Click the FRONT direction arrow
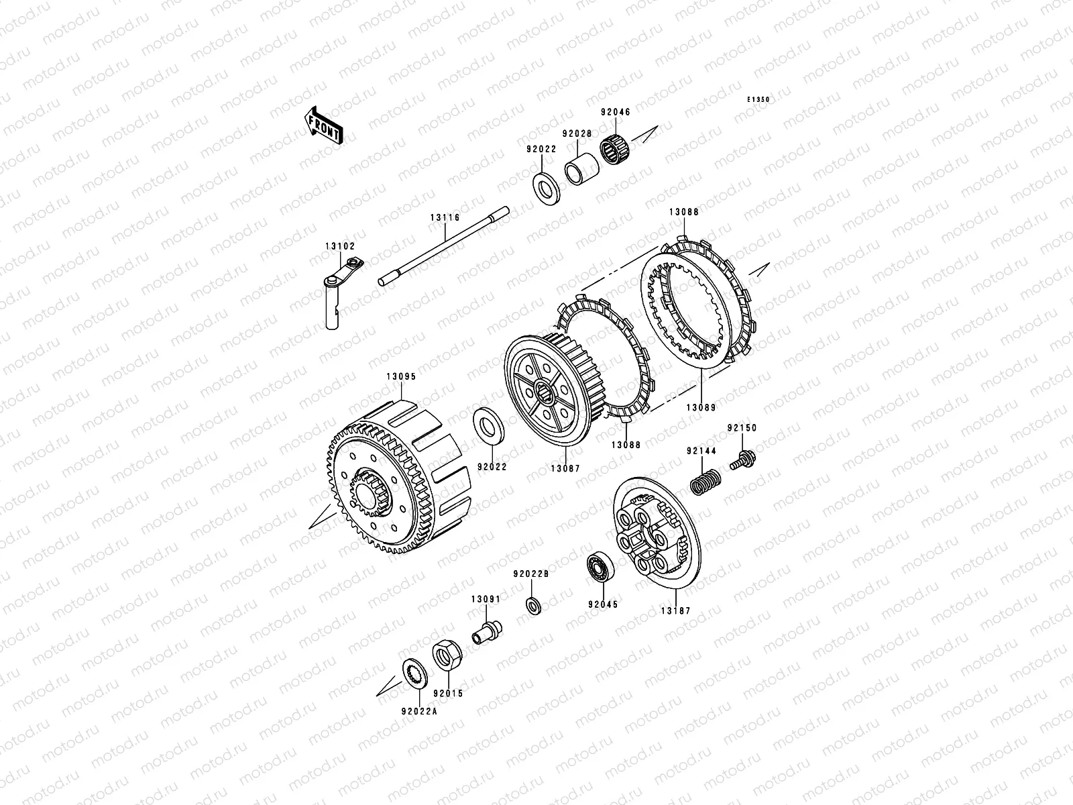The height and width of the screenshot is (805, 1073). click(x=323, y=125)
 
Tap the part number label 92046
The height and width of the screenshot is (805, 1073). click(x=616, y=112)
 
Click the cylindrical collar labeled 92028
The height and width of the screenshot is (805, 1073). click(x=581, y=169)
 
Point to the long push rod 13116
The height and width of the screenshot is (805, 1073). click(x=444, y=246)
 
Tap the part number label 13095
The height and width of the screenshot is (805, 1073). click(x=401, y=377)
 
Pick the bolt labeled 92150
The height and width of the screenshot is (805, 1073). click(x=743, y=460)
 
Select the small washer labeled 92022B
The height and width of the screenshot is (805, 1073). click(x=533, y=606)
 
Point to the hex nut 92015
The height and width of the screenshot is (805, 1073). click(x=447, y=655)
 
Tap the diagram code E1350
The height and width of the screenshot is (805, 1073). click(x=758, y=100)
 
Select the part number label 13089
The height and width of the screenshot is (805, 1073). click(x=701, y=408)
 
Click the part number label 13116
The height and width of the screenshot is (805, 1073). click(x=445, y=217)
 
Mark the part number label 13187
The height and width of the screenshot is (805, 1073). click(x=676, y=611)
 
